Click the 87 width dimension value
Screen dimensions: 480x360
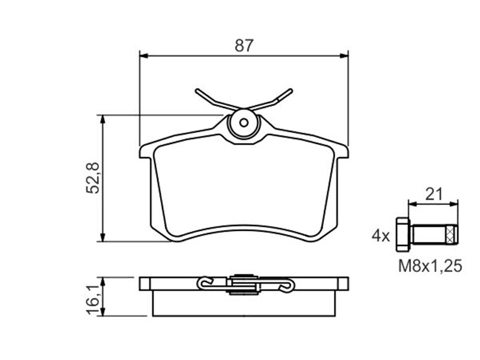pyautogui.click(x=244, y=46)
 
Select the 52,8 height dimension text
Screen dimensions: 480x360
pyautogui.click(x=93, y=178)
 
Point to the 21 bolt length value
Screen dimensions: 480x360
pyautogui.click(x=434, y=194)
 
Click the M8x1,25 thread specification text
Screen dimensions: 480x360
pyautogui.click(x=430, y=266)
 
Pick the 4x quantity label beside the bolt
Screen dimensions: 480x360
pyautogui.click(x=381, y=236)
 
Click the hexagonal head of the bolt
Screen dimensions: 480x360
pyautogui.click(x=403, y=235)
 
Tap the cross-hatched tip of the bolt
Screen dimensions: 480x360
pyautogui.click(x=452, y=235)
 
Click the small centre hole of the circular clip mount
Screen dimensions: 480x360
pyautogui.click(x=244, y=123)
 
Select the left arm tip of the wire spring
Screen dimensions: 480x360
pyautogui.click(x=197, y=91)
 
